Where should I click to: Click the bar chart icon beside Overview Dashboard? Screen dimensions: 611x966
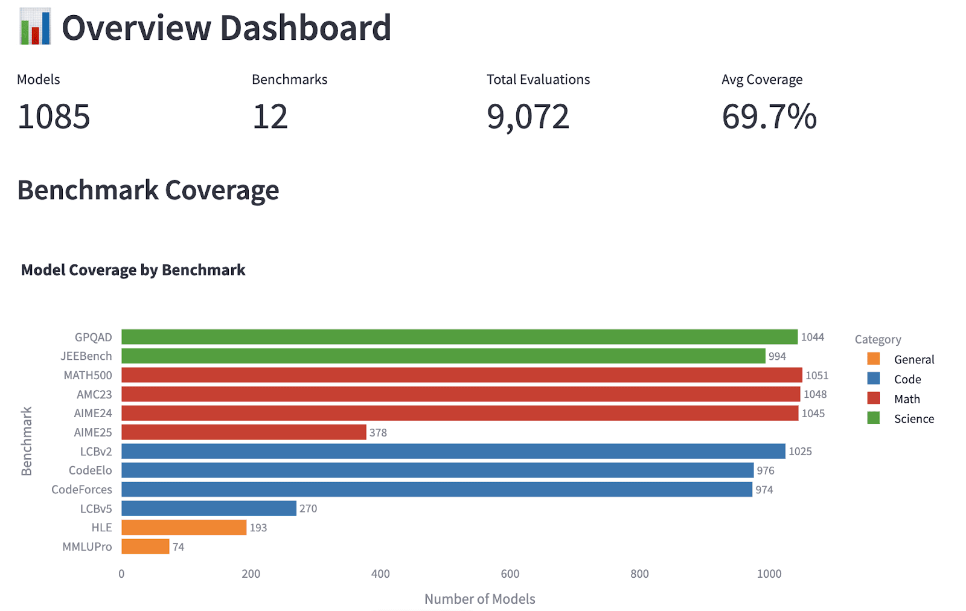click(x=35, y=27)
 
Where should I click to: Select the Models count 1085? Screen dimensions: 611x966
click(x=54, y=117)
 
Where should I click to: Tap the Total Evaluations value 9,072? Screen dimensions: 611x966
click(x=528, y=117)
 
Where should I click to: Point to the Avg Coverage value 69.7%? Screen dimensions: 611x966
click(x=769, y=117)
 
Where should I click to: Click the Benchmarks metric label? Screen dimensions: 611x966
click(x=289, y=80)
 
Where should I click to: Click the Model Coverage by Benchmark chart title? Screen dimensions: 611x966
click(x=133, y=270)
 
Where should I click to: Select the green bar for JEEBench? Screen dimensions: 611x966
click(x=443, y=356)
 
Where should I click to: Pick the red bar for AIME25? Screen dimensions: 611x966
click(x=243, y=432)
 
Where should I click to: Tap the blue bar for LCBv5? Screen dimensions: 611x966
click(x=209, y=508)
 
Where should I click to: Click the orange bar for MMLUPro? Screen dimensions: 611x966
click(x=146, y=546)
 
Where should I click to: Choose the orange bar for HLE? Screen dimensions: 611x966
click(x=184, y=528)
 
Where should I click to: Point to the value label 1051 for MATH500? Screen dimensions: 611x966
click(x=817, y=376)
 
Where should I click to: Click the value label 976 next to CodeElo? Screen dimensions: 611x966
click(x=766, y=470)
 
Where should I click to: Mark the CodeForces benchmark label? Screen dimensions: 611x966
click(x=82, y=490)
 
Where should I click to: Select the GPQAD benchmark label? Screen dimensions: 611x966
click(x=93, y=337)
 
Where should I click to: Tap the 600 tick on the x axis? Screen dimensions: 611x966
click(x=510, y=574)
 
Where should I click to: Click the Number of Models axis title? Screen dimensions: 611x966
click(x=479, y=599)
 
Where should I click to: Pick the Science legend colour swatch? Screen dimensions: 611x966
click(x=873, y=418)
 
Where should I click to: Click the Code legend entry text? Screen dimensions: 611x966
click(x=907, y=379)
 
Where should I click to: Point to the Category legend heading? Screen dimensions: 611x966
click(x=878, y=339)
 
